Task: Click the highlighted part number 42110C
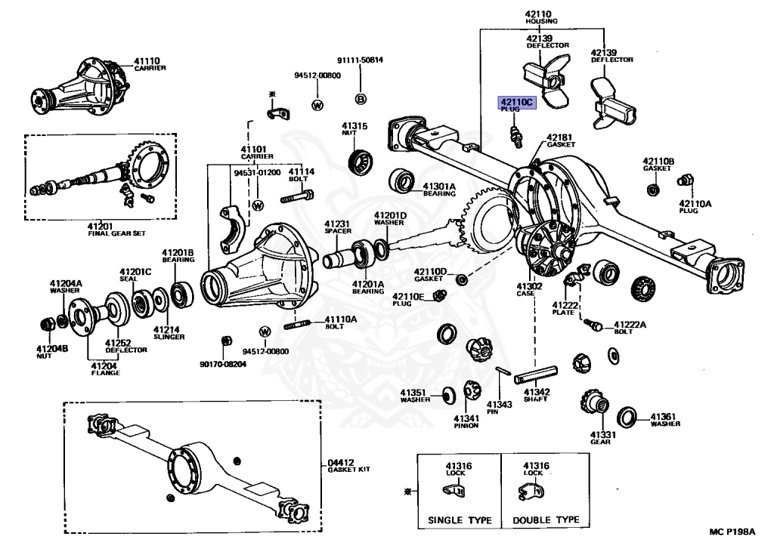click(x=515, y=101)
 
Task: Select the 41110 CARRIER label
click(x=150, y=64)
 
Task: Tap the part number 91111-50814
click(x=360, y=60)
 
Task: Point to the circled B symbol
click(x=361, y=99)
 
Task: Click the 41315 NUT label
click(x=354, y=129)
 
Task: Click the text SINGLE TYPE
click(x=460, y=520)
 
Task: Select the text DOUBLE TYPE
click(x=546, y=520)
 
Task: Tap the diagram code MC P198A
click(x=731, y=533)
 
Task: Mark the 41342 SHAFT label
click(x=536, y=395)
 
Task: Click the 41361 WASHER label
click(x=664, y=419)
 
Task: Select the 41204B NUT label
click(x=52, y=352)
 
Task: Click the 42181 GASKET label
click(x=561, y=140)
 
